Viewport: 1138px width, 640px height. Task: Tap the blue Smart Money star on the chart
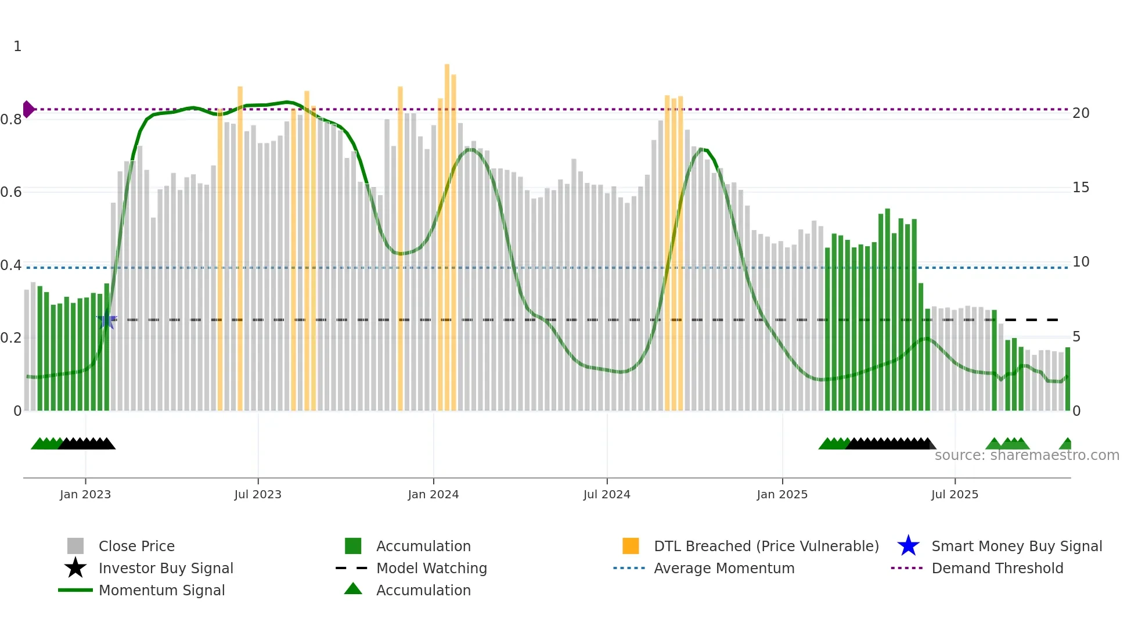(x=107, y=320)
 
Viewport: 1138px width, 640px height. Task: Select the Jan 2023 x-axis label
(x=85, y=494)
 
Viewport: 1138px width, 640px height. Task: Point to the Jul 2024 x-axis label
(x=607, y=494)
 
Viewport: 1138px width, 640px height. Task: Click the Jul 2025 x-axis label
(x=955, y=494)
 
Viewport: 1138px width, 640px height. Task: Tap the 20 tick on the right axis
(x=1081, y=113)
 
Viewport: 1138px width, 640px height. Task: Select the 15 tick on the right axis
(x=1081, y=188)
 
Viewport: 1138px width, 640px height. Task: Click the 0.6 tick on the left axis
(x=11, y=192)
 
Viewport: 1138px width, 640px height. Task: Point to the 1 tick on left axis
(x=17, y=46)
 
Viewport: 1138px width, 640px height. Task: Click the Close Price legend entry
(x=136, y=546)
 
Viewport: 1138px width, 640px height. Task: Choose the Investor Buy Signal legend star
(x=75, y=568)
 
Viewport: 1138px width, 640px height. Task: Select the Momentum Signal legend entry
(x=161, y=590)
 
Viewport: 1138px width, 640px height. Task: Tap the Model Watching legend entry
(x=431, y=568)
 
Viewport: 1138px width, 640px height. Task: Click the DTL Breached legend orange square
(x=631, y=546)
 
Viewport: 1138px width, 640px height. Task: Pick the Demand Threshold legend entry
(x=997, y=568)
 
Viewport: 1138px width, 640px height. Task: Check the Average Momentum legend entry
(x=723, y=568)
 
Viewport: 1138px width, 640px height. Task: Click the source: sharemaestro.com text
(x=1027, y=455)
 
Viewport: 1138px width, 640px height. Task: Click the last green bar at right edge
(x=1067, y=379)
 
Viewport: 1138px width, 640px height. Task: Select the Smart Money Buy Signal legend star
(x=908, y=546)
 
